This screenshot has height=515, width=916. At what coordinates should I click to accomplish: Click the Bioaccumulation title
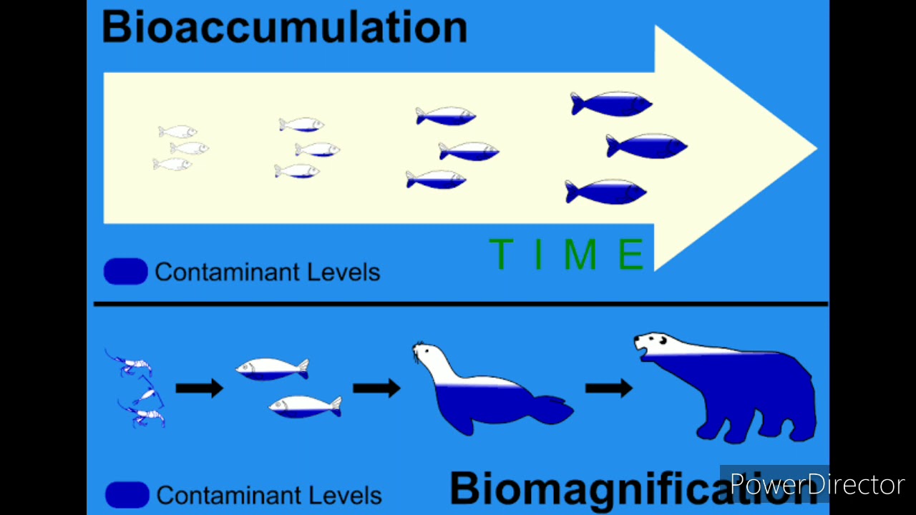[285, 27]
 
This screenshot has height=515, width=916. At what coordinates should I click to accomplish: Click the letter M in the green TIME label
[580, 254]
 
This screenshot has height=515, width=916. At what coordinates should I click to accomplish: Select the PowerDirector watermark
[817, 484]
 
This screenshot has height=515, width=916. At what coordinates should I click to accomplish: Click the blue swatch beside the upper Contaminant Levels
[125, 271]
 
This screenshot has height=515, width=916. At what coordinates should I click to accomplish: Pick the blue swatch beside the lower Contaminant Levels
[127, 494]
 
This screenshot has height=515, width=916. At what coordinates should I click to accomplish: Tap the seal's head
[427, 353]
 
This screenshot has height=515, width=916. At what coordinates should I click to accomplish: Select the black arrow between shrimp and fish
[200, 388]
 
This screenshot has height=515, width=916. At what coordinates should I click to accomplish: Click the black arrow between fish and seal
[376, 388]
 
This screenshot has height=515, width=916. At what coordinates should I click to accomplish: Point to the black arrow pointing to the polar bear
[609, 388]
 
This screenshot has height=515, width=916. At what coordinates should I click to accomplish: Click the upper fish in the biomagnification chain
[272, 370]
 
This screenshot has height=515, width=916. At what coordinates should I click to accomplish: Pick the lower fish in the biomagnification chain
[305, 407]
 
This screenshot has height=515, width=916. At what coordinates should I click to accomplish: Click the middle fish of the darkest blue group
[646, 146]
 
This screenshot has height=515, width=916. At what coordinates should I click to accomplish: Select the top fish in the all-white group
[177, 132]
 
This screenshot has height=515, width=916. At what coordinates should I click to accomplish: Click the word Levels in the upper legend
[343, 273]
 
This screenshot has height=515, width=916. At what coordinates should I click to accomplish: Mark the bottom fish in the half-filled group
[436, 180]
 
